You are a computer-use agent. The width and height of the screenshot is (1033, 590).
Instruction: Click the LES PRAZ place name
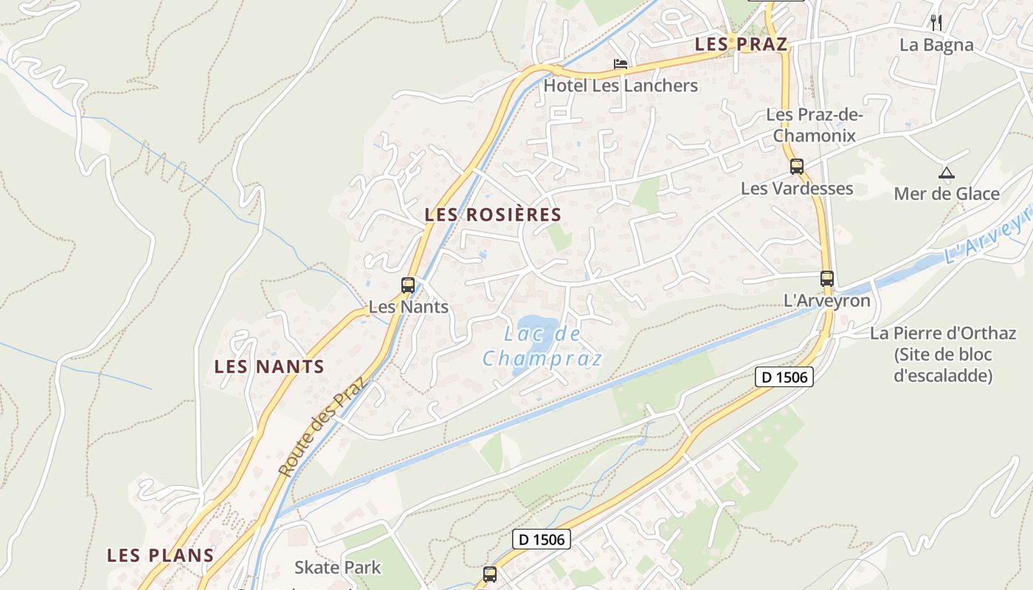pos(741,44)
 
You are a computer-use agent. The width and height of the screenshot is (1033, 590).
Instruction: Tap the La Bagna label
pos(936,45)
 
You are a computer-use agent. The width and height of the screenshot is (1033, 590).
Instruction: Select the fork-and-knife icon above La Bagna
pos(936,22)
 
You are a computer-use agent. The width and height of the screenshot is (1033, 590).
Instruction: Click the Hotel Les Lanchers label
pos(621,86)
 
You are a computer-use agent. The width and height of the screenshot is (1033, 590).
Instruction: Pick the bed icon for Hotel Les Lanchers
pos(621,64)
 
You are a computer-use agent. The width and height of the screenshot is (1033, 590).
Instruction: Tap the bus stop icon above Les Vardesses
pos(797,167)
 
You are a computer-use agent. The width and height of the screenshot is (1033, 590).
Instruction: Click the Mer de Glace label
pos(947,194)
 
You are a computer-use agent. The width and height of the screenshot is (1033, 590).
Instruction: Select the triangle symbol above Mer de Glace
pos(946,173)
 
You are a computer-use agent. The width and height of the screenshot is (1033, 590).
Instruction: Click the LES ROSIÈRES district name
pos(493,215)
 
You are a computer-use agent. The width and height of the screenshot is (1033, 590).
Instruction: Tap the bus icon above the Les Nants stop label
pos(408,285)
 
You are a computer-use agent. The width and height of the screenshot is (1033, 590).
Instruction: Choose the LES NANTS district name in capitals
pos(269,367)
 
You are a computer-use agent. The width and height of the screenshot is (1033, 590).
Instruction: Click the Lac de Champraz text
pos(542,347)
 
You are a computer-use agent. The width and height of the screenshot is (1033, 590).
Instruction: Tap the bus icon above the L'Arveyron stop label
pos(827,279)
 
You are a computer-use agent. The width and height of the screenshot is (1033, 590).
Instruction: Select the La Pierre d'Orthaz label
pos(943,354)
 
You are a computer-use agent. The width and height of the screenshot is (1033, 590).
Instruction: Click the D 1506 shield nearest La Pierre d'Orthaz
pos(784,377)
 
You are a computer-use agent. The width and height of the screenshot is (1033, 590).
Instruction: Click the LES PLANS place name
pos(160,555)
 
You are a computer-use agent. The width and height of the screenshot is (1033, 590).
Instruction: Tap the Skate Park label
pos(338,567)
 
